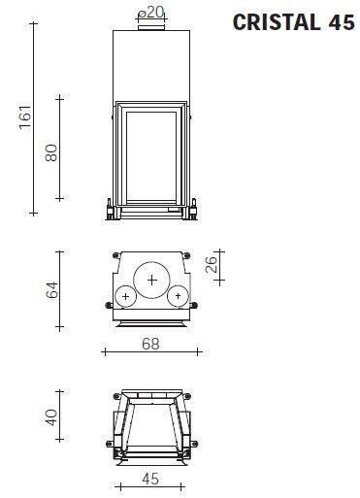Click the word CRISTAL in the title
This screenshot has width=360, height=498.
[277, 22]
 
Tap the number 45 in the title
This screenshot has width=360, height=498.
[342, 22]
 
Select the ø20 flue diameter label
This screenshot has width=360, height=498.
[151, 13]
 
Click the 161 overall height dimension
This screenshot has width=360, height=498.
[25, 117]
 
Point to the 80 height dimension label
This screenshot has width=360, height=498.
[51, 152]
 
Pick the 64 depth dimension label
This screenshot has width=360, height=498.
[52, 289]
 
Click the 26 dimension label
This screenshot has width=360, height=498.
[212, 264]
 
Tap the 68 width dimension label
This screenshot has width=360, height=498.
[150, 344]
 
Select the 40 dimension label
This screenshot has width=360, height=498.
[51, 417]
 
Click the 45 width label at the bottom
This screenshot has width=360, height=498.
[150, 479]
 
